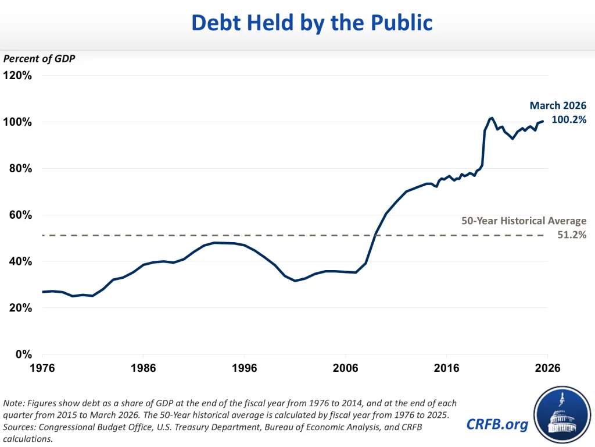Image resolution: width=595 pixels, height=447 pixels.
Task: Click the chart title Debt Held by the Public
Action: [x=312, y=23]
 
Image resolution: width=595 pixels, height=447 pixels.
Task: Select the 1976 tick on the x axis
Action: [x=42, y=368]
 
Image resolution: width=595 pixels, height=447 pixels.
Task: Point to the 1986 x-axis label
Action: [x=144, y=368]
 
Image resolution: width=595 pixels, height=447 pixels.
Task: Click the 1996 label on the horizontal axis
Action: [x=244, y=368]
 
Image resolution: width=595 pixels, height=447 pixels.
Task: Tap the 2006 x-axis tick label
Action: [x=345, y=368]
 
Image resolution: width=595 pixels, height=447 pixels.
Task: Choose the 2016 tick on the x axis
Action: [x=446, y=368]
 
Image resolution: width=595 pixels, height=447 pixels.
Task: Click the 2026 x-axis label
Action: [x=547, y=368]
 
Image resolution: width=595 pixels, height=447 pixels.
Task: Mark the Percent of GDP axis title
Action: [x=39, y=59]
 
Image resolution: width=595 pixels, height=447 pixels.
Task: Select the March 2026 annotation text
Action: [x=558, y=105]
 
